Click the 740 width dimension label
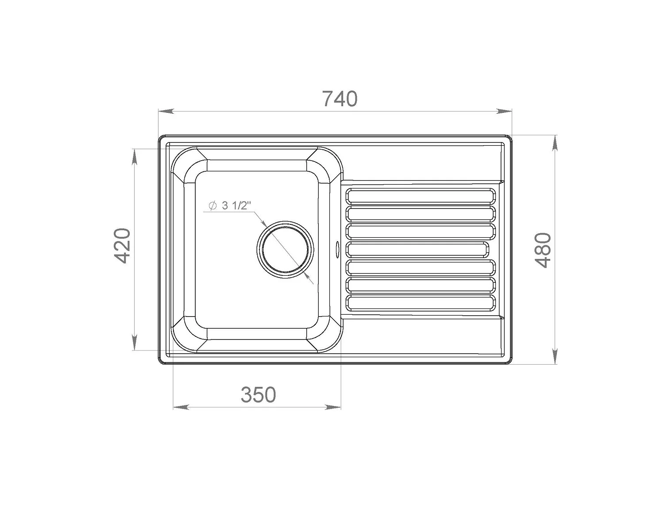340,99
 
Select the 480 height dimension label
544,250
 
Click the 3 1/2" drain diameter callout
230,205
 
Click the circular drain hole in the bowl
285,250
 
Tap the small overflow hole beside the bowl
337,247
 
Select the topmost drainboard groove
421,196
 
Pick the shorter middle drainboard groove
417,250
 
